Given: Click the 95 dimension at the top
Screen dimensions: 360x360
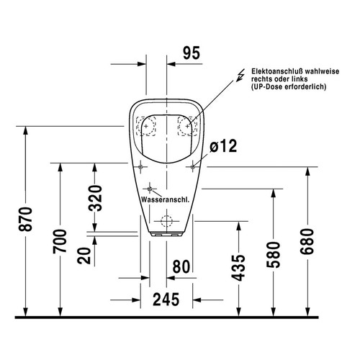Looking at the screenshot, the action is [x=192, y=53].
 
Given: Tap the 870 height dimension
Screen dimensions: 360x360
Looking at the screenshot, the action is [x=25, y=219].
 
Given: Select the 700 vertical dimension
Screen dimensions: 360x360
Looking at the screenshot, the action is [x=60, y=241].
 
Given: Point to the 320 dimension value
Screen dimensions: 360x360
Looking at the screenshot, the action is [x=95, y=198].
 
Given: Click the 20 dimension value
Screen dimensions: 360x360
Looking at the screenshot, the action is [x=84, y=256].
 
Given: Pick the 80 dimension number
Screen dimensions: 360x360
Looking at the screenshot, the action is [x=181, y=266].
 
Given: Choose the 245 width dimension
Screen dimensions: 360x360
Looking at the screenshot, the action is [x=166, y=300].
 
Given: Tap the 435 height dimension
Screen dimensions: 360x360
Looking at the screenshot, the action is [x=238, y=268].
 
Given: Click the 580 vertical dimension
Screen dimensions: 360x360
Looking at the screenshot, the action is [x=274, y=255].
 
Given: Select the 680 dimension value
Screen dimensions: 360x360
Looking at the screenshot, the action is [x=307, y=241].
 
